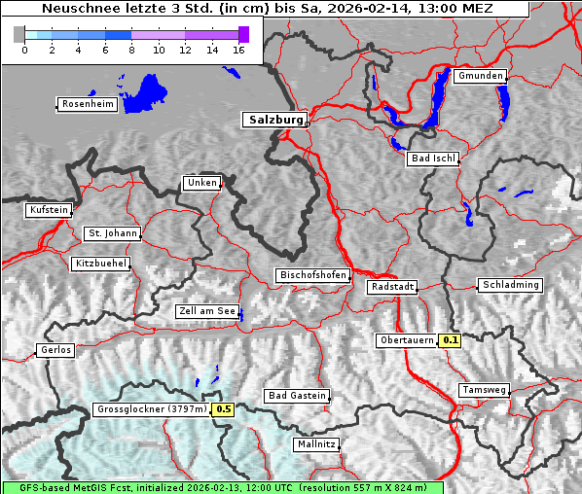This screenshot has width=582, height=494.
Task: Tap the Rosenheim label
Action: click(x=87, y=104)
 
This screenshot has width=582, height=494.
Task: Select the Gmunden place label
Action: click(x=480, y=76)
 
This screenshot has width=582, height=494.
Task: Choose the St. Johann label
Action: click(x=112, y=233)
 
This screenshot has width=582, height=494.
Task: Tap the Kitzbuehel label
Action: click(x=100, y=264)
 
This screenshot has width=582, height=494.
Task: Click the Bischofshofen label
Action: click(x=312, y=276)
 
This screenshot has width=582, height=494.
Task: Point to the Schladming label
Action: click(x=509, y=285)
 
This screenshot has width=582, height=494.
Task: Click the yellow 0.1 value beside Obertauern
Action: click(x=450, y=340)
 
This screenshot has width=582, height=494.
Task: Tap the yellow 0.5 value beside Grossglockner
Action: click(x=224, y=409)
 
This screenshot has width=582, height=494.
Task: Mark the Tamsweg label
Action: click(x=484, y=390)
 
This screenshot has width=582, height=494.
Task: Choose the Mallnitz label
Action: click(x=316, y=444)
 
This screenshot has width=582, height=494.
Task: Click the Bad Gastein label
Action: click(x=297, y=396)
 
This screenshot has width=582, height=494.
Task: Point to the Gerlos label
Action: click(x=55, y=350)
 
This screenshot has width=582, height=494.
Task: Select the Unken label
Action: click(x=201, y=183)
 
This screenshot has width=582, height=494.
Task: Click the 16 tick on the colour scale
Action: click(x=238, y=49)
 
